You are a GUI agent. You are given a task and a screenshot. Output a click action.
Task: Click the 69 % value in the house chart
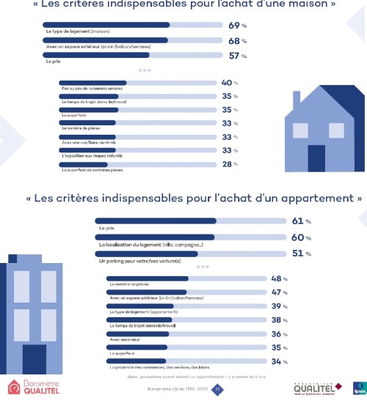(x=236, y=25)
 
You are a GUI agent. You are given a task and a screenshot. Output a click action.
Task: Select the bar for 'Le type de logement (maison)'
(x=133, y=25)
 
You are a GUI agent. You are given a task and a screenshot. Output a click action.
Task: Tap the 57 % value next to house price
(x=236, y=55)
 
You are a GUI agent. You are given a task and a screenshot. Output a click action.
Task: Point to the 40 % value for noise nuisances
(x=230, y=83)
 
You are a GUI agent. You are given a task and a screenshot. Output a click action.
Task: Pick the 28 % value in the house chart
(x=230, y=164)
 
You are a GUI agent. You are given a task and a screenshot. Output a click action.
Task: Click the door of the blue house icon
(x=316, y=158)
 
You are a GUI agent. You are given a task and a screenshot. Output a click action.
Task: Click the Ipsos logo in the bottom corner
(x=359, y=388)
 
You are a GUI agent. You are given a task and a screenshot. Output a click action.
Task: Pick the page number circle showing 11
(x=217, y=389)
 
